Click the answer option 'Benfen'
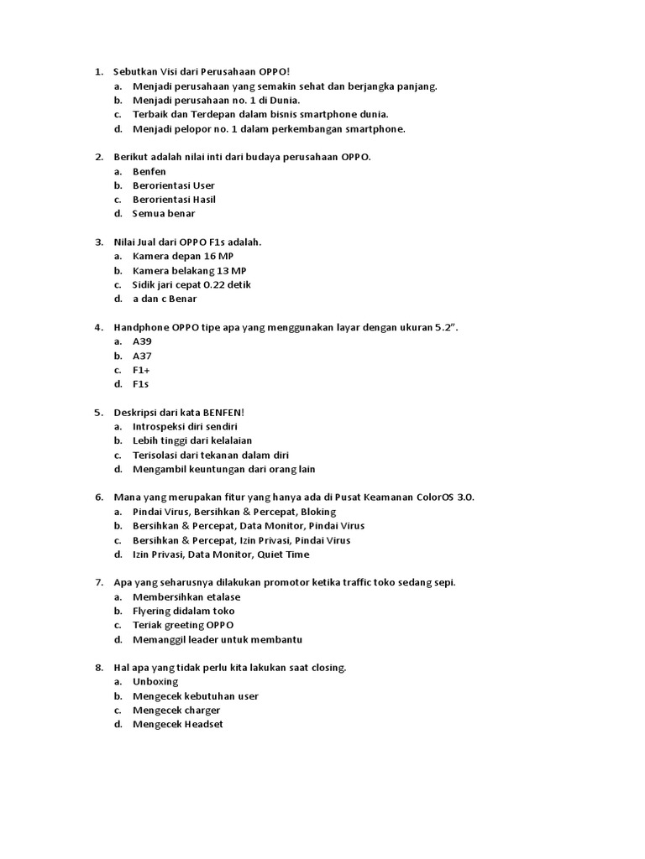coord(149,171)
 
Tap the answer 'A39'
coord(142,341)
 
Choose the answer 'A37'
coord(142,356)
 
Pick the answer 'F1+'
coord(141,370)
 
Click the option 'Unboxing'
coord(155,682)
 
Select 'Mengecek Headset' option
coord(177,725)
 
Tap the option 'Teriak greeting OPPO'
coord(183,625)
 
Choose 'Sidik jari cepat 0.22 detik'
coord(191,284)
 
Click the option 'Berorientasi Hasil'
coord(174,200)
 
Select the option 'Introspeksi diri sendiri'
coord(185,426)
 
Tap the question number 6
coord(98,497)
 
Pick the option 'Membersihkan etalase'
coord(186,596)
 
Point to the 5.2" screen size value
coord(446,327)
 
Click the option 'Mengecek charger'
coord(176,711)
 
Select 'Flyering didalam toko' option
coord(184,611)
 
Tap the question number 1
coord(98,72)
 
